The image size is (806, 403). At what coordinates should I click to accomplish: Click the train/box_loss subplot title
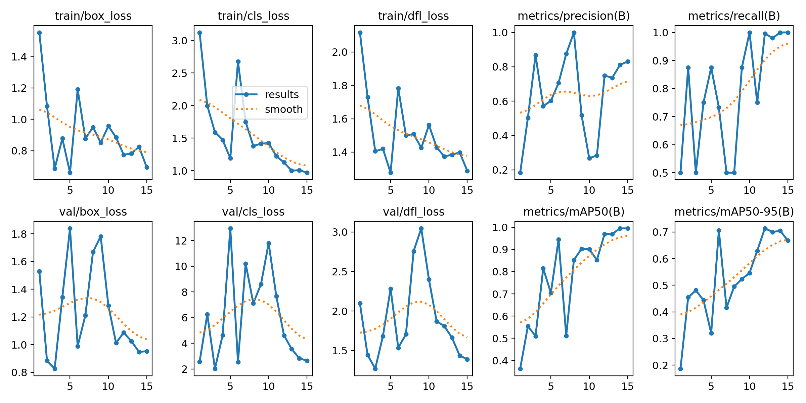click(x=93, y=16)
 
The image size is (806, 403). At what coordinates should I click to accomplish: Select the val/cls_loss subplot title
click(x=253, y=212)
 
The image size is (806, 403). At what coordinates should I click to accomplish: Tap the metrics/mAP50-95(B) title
click(x=734, y=212)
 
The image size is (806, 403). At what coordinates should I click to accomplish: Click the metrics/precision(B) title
click(x=574, y=16)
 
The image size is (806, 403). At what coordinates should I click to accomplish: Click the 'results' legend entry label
click(x=282, y=95)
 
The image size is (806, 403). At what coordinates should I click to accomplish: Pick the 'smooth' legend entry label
click(x=283, y=109)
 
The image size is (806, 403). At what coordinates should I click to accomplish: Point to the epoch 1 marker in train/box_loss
click(x=39, y=33)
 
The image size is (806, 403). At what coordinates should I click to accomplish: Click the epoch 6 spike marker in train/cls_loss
click(x=238, y=62)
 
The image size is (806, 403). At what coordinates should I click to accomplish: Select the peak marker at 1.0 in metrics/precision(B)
click(x=574, y=33)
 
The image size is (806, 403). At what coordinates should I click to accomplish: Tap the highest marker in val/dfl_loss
click(x=421, y=228)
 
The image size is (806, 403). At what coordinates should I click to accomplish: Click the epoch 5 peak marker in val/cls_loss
click(x=230, y=228)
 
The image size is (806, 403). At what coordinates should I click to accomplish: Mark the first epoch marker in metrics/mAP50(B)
click(x=520, y=369)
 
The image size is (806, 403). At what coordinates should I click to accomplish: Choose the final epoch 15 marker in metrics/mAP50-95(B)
click(x=788, y=240)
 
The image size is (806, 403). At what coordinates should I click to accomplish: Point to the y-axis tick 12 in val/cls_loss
click(x=181, y=241)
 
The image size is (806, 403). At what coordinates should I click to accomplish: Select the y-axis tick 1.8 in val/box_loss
click(x=19, y=234)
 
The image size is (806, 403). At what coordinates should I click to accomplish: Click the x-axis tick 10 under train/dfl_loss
click(x=429, y=190)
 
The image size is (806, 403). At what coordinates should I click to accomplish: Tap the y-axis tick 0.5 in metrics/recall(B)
click(x=660, y=173)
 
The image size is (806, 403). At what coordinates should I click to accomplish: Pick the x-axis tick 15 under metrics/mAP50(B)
click(x=627, y=387)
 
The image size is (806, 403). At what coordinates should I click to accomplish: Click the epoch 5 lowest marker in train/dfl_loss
click(x=391, y=173)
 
